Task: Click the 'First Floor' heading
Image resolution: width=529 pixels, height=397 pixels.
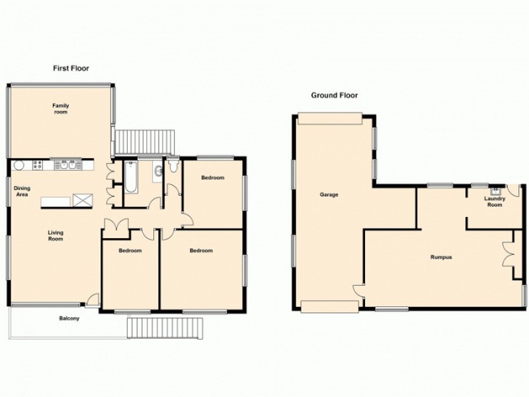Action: tap(71, 68)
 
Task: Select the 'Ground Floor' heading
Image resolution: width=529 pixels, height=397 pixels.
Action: tap(334, 95)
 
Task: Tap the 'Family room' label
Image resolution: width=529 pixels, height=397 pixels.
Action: tap(61, 109)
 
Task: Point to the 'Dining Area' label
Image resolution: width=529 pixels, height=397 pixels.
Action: tap(22, 191)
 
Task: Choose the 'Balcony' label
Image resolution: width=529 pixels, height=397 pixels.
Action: tap(69, 319)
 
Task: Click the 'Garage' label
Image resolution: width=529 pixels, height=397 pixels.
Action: tap(329, 195)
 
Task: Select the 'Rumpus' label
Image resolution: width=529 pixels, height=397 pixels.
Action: tap(441, 257)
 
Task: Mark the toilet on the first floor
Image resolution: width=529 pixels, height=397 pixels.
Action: tap(173, 166)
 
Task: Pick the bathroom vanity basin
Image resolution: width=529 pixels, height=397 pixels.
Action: tap(157, 173)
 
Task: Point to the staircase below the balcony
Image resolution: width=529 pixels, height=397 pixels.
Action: tap(164, 328)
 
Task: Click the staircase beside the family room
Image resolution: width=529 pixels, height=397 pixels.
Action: tap(144, 141)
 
